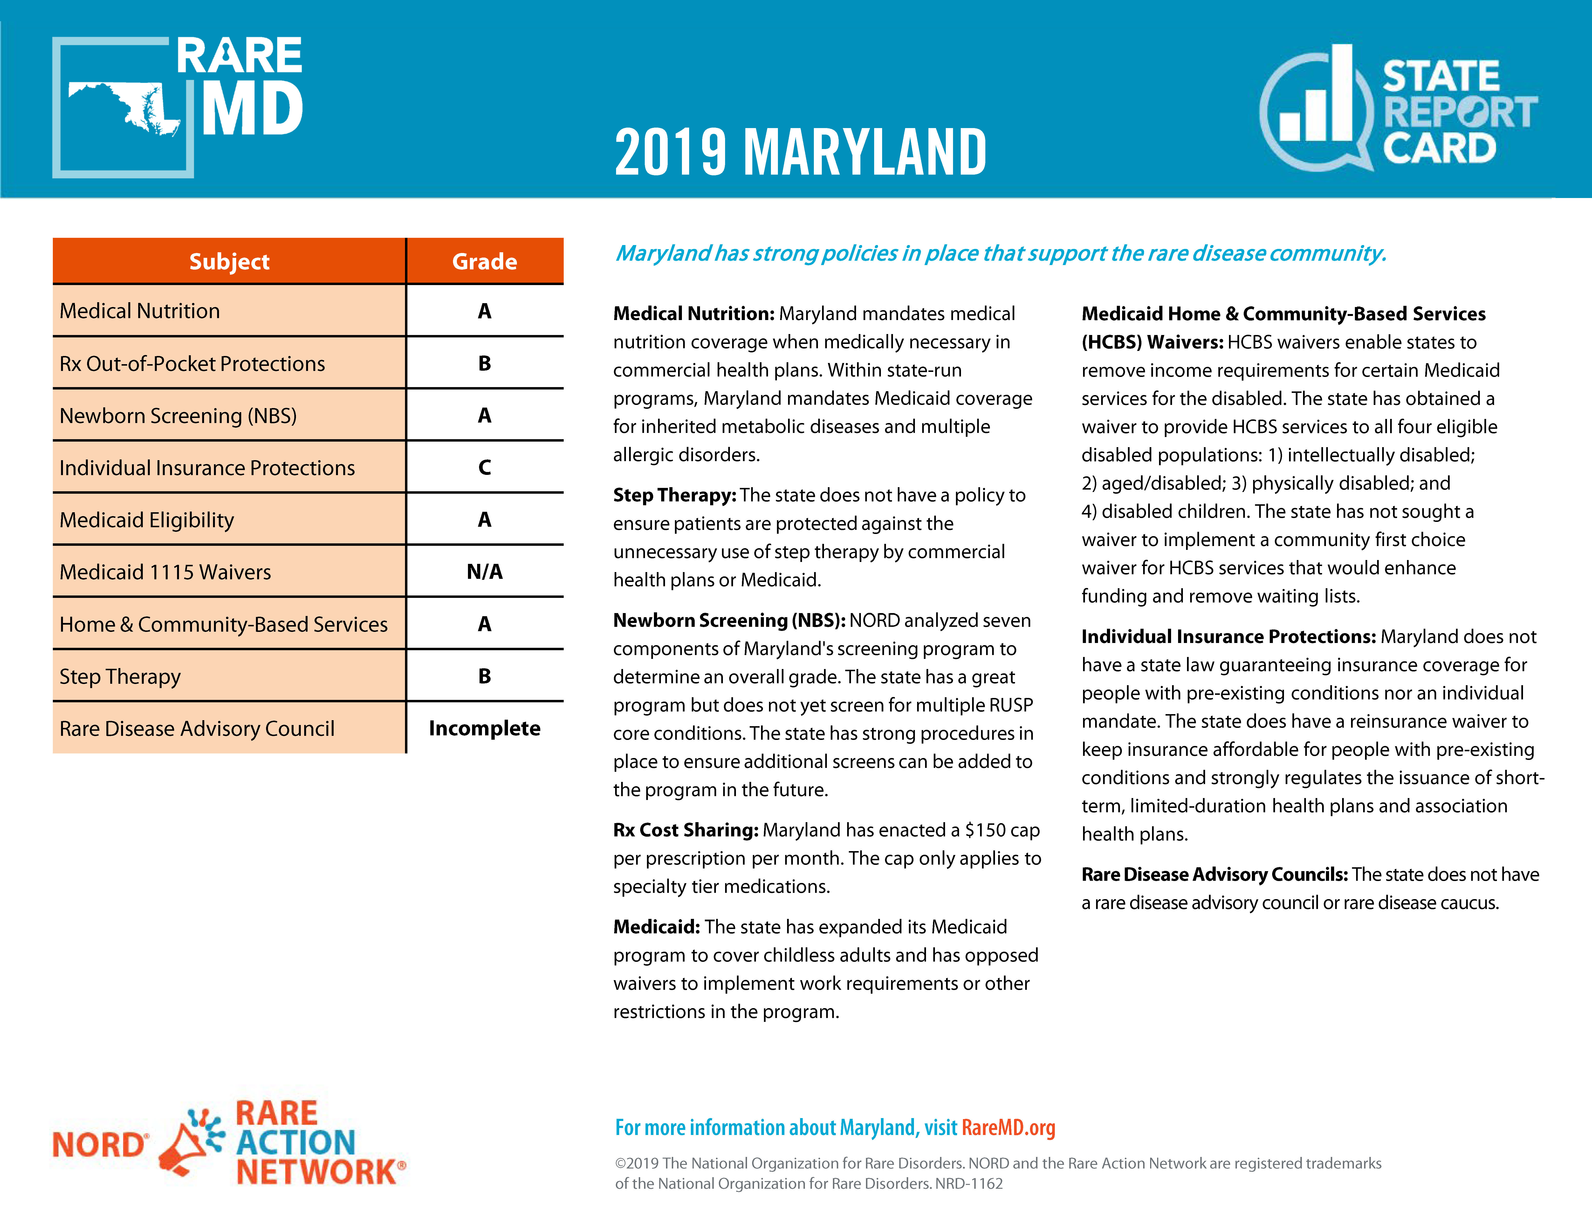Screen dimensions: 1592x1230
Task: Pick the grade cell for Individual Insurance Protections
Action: pos(485,467)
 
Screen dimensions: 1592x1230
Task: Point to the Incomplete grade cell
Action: pos(485,728)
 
